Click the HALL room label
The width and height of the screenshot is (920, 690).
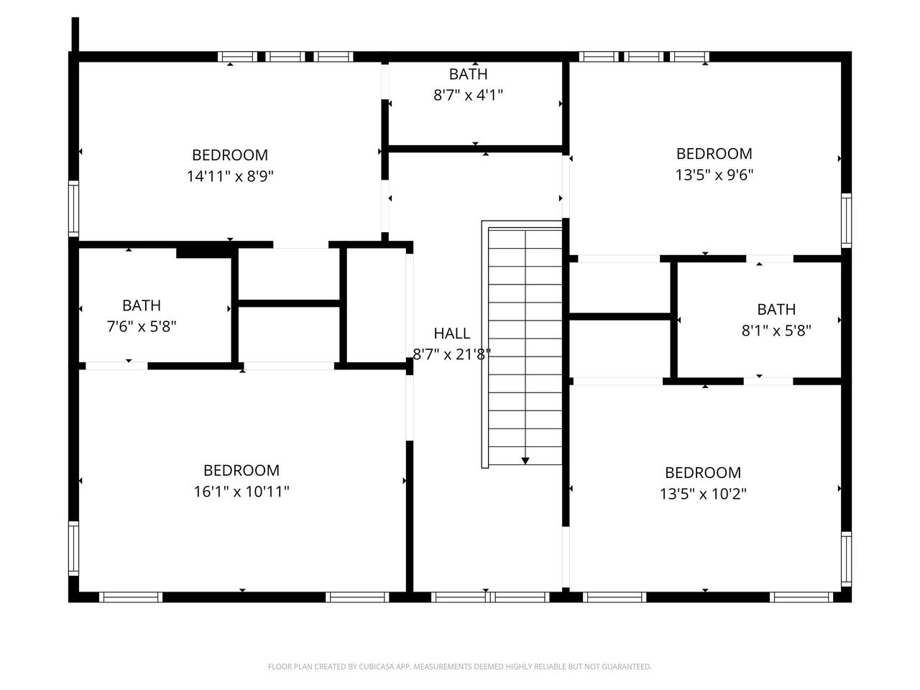click(x=451, y=333)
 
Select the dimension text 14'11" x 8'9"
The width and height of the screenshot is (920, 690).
click(x=230, y=176)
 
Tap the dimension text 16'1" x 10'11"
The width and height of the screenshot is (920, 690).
click(x=241, y=492)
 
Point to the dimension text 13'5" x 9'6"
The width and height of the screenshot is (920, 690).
click(x=714, y=175)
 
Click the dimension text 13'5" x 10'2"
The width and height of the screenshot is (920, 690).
click(x=703, y=494)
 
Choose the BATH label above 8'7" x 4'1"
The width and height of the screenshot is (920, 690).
click(x=468, y=74)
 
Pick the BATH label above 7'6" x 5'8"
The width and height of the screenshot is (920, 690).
click(x=142, y=305)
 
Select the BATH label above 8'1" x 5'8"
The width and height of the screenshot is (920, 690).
click(x=776, y=310)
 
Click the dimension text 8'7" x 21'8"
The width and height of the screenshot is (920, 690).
click(x=451, y=355)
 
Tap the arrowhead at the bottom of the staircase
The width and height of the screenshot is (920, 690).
click(x=525, y=461)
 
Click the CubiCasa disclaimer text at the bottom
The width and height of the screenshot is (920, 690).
click(x=460, y=666)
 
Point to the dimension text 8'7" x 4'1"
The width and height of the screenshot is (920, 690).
click(x=468, y=95)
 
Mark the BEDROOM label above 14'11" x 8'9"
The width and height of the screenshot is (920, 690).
click(x=230, y=155)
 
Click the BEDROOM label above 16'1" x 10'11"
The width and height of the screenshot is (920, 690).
click(x=241, y=471)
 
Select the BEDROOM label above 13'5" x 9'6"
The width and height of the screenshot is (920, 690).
click(x=714, y=154)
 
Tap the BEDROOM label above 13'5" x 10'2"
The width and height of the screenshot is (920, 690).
click(x=703, y=473)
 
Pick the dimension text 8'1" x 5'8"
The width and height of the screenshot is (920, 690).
click(x=776, y=331)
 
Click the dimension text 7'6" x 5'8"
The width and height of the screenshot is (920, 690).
click(x=142, y=326)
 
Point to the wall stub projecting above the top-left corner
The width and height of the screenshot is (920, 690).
click(x=75, y=34)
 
